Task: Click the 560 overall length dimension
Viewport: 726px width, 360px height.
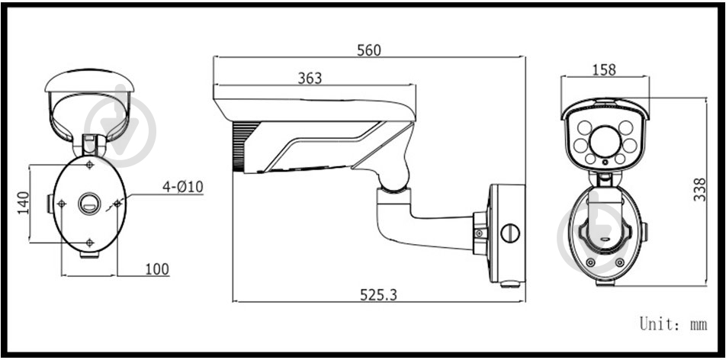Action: coord(369,50)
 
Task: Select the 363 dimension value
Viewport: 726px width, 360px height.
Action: coord(310,78)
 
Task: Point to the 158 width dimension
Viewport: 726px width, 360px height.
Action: coord(604,69)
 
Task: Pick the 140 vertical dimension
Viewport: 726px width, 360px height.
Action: coord(23,203)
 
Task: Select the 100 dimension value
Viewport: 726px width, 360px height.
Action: coord(156,268)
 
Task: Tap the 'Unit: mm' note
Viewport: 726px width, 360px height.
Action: coord(673,324)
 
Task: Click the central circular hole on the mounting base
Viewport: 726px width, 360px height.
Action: coord(89,203)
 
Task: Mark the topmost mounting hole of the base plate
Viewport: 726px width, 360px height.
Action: coord(90,165)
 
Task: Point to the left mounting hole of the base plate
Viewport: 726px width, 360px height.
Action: coord(62,203)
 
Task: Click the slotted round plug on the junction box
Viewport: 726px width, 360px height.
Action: coord(509,231)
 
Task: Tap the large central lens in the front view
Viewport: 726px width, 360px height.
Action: coord(604,139)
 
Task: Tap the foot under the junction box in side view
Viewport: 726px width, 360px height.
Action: coord(509,285)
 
